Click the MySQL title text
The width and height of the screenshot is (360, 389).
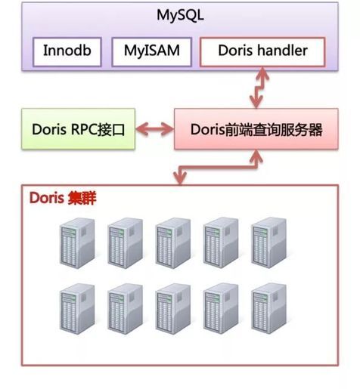pos(180,16)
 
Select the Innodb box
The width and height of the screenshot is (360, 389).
pos(67,52)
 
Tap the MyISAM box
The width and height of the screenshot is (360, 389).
pos(152,52)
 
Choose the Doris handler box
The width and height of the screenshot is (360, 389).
pos(262,52)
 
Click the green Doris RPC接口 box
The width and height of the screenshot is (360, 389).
pos(79,129)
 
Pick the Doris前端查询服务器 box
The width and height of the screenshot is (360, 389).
pos(256,129)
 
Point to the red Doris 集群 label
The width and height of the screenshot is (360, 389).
pos(63,198)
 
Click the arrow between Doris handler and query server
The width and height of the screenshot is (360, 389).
pos(259,88)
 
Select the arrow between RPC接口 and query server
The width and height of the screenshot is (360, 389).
pos(154,129)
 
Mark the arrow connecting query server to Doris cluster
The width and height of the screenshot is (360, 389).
pos(219,168)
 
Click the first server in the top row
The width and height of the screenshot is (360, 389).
pos(77,243)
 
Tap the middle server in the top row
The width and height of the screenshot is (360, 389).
pos(173,243)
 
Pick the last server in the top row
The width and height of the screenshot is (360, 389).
pos(268,242)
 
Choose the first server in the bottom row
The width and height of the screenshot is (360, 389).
pos(77,309)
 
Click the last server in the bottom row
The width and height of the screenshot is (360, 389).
pos(268,308)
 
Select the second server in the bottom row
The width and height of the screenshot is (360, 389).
pos(125,309)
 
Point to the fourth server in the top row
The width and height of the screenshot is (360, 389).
pos(221,242)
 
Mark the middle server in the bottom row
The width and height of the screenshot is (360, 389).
pos(173,309)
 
